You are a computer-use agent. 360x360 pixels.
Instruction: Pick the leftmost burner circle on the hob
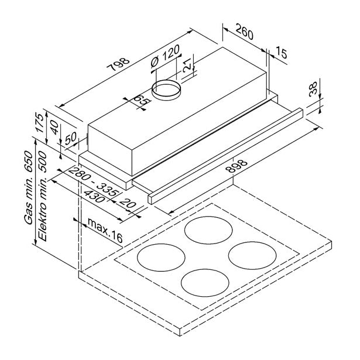point(158,256)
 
